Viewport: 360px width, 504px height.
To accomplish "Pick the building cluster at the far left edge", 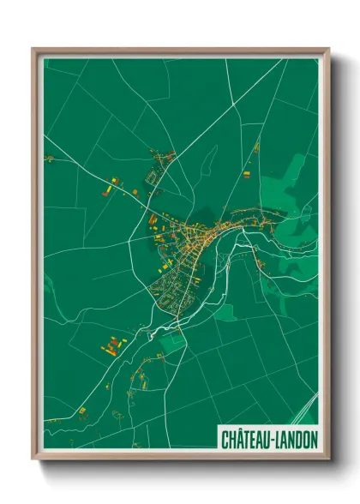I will (50, 159).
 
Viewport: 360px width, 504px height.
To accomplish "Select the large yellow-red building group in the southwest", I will (111, 346).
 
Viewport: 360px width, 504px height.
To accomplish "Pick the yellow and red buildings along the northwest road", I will (116, 184).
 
